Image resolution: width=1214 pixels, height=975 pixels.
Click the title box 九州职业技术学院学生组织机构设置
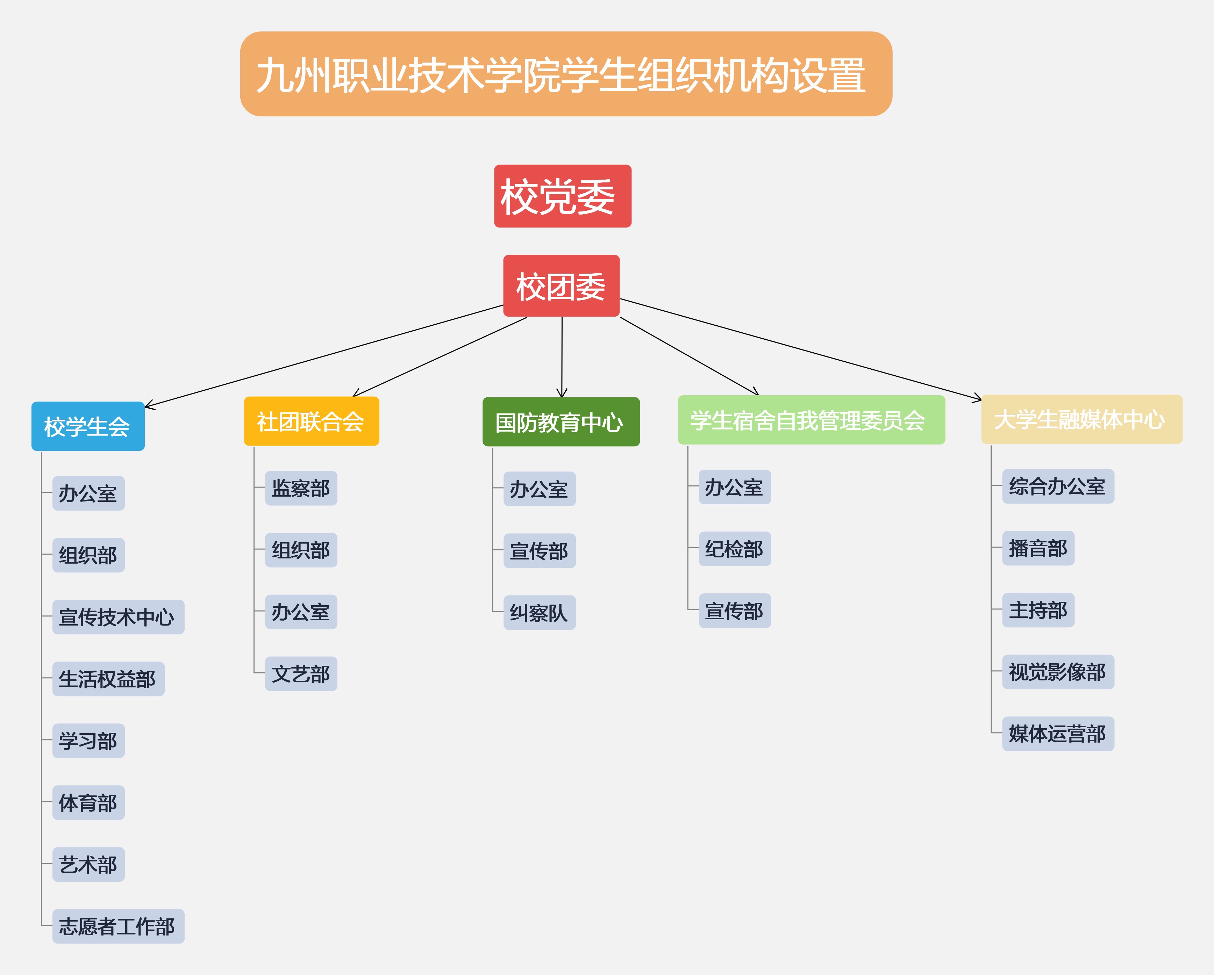coord(566,74)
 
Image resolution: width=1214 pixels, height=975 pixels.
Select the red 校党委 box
coord(563,196)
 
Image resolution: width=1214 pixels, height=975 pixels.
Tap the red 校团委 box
coord(562,286)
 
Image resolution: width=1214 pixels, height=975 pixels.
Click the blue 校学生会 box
coord(88,426)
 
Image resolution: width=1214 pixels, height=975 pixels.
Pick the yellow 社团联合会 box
coord(312,421)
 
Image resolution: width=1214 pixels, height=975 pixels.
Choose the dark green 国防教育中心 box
coord(561,422)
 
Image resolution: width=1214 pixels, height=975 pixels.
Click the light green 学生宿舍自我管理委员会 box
coord(811,420)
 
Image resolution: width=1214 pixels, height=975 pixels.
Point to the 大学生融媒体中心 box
coord(1081,419)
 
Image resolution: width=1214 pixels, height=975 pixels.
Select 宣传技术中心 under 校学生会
coord(118,617)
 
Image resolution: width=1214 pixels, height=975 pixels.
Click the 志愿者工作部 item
coord(118,926)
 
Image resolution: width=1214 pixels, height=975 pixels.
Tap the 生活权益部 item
coord(108,679)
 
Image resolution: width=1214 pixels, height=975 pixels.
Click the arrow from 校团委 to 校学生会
coord(324,356)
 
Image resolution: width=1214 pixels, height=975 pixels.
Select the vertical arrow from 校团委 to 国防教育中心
coord(562,357)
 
